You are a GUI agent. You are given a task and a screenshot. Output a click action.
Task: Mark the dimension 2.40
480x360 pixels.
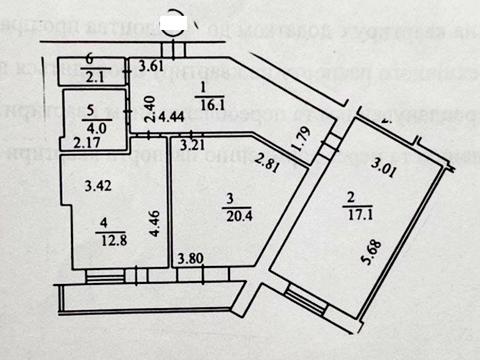tap(149, 107)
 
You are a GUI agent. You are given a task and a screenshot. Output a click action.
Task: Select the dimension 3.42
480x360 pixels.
tap(96, 185)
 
